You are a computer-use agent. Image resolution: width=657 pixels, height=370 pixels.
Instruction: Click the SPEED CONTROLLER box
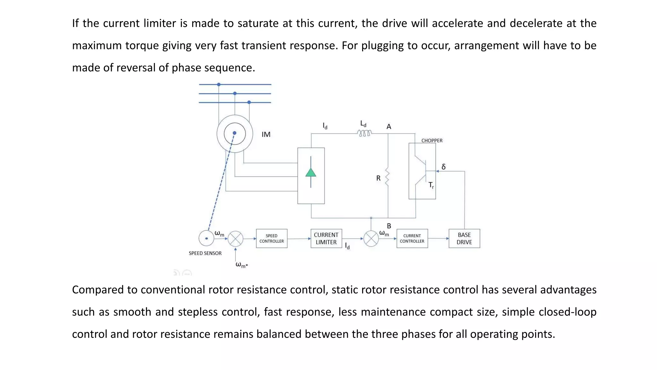point(271,238)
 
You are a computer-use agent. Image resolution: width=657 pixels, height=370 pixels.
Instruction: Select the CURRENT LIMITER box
point(326,238)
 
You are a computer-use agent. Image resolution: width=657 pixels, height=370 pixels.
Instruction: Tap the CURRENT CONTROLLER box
point(412,238)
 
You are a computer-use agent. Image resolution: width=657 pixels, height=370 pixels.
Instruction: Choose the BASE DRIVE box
point(464,238)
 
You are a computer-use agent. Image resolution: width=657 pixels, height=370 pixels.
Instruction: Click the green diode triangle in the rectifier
point(311,173)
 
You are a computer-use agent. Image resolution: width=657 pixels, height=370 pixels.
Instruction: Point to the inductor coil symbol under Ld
point(364,133)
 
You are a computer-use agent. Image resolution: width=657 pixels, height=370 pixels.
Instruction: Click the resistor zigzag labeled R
point(387,178)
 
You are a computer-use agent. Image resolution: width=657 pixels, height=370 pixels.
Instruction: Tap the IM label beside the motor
point(266,135)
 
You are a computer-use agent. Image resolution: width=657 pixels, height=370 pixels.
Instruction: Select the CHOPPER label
point(431,141)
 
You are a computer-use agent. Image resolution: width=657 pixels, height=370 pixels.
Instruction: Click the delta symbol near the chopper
point(443,167)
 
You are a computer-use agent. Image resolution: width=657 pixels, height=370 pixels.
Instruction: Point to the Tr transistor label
point(431,185)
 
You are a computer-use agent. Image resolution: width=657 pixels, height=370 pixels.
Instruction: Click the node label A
point(389,127)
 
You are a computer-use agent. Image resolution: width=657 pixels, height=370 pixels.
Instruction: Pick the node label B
point(389,226)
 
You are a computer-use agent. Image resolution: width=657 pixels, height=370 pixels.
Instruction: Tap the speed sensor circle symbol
point(206,238)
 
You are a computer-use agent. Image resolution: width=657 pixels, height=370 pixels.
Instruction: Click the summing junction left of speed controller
point(235,239)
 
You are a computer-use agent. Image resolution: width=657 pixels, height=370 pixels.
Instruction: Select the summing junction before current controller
point(371,239)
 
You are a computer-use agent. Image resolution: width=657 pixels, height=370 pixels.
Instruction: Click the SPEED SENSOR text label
point(205,253)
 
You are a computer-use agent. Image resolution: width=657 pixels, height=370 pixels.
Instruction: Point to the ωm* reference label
point(241,265)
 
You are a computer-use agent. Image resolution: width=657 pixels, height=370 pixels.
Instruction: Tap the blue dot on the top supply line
point(219,84)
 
